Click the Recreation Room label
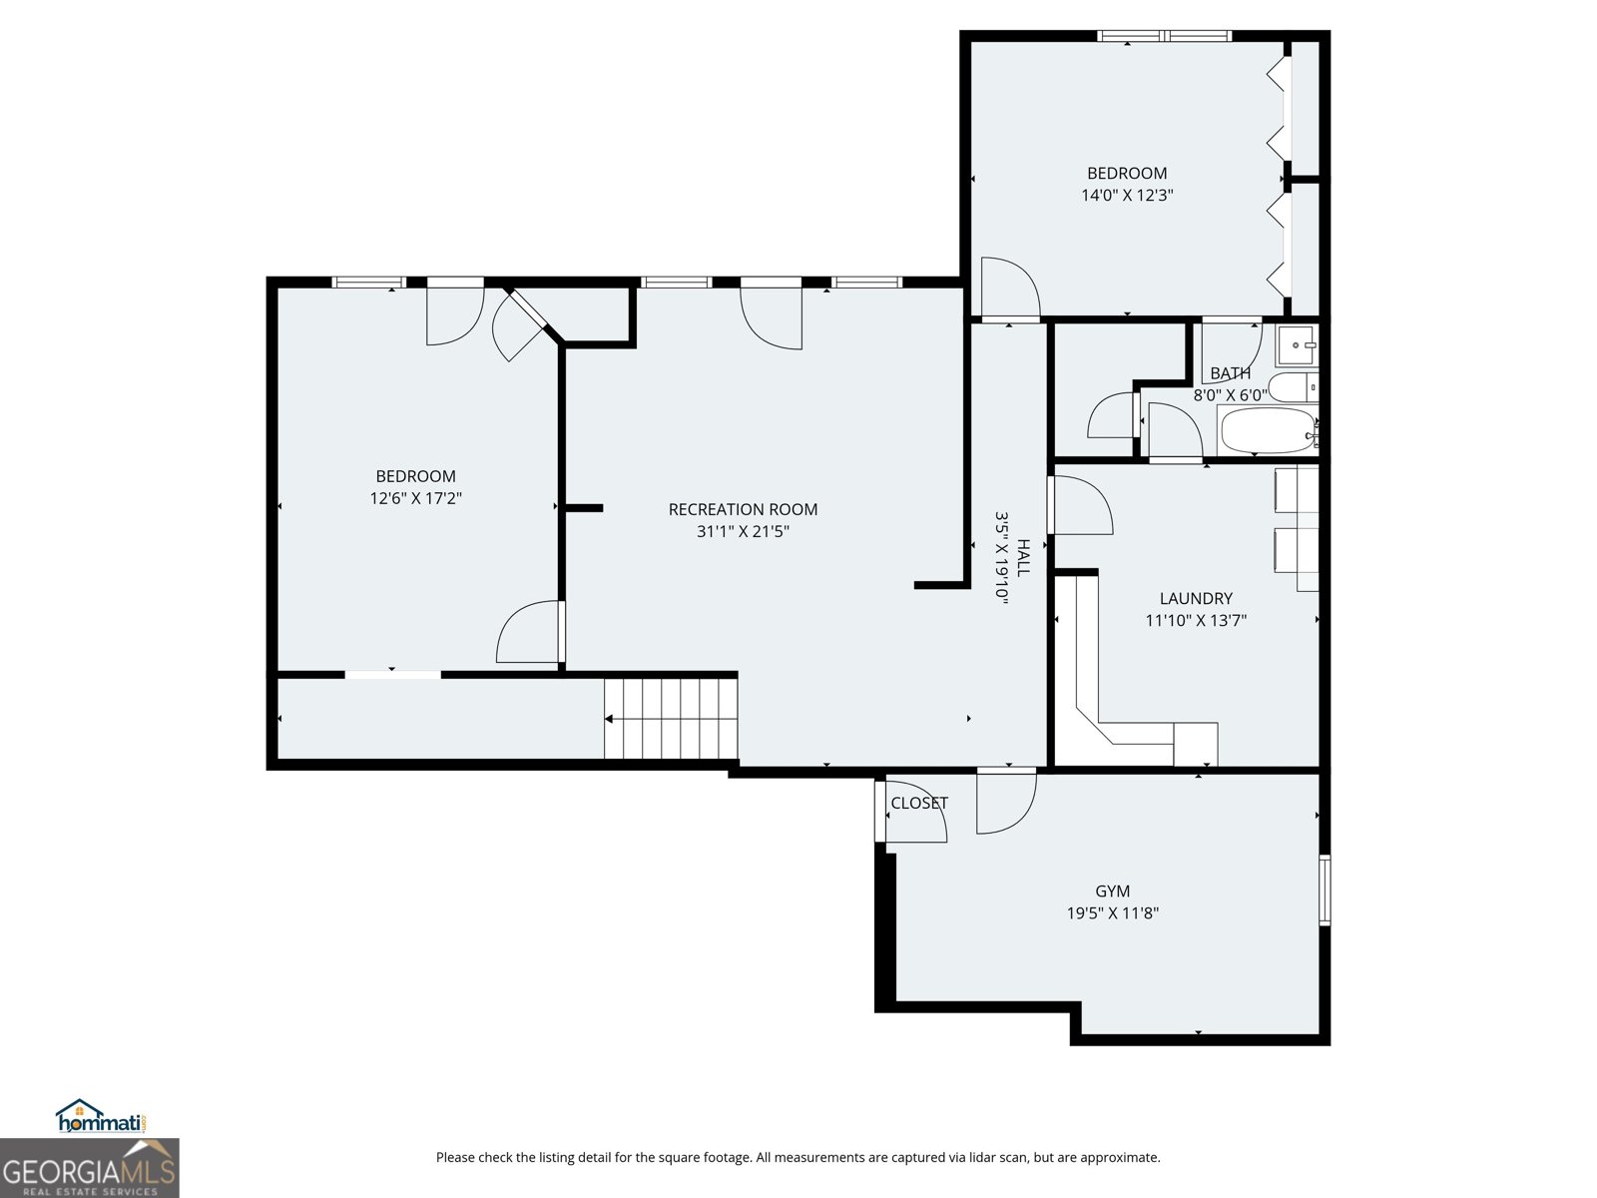pyautogui.click(x=743, y=509)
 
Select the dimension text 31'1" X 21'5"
pyautogui.click(x=743, y=532)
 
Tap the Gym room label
pyautogui.click(x=1112, y=891)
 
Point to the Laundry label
pyautogui.click(x=1196, y=598)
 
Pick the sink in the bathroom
pyautogui.click(x=1298, y=344)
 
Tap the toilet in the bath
pyautogui.click(x=1294, y=386)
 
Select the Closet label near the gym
pyautogui.click(x=919, y=803)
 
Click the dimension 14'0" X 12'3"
pyautogui.click(x=1127, y=196)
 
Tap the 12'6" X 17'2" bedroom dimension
pyautogui.click(x=415, y=498)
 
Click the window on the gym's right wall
pyautogui.click(x=1325, y=889)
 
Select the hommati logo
pyautogui.click(x=101, y=1117)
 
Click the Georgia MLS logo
pyautogui.click(x=89, y=1168)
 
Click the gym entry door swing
pyautogui.click(x=1005, y=804)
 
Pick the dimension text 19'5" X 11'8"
pyautogui.click(x=1112, y=912)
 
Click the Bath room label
pyautogui.click(x=1230, y=373)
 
